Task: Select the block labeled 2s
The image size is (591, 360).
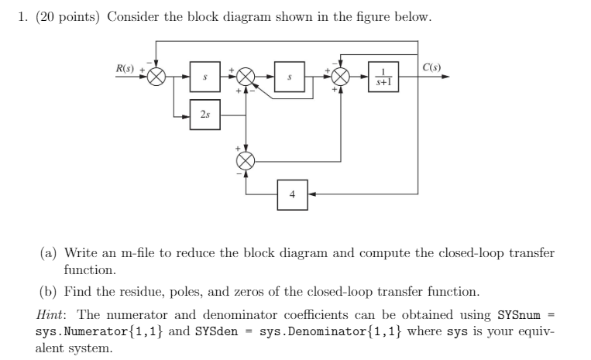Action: click(204, 115)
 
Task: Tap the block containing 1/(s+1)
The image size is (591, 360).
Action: click(384, 77)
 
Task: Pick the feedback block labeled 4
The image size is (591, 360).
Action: click(292, 194)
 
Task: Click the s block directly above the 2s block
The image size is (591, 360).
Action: click(204, 77)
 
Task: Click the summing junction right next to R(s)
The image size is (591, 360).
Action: click(158, 77)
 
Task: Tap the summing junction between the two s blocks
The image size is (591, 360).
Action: click(246, 77)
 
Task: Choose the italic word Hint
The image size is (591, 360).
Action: click(53, 314)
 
